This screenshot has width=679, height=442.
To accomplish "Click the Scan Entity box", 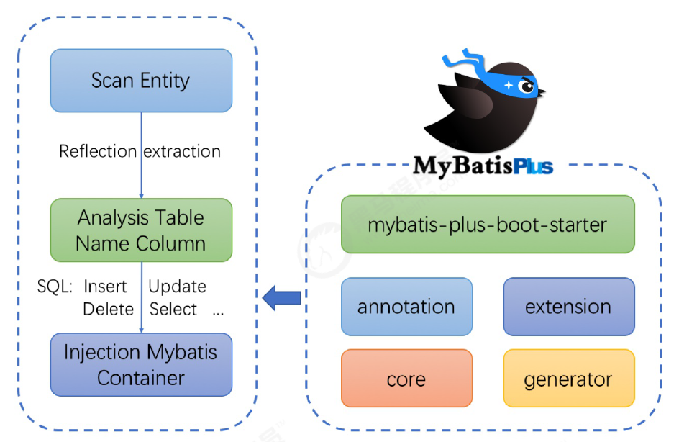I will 140,80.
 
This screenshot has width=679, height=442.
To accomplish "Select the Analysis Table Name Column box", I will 141,230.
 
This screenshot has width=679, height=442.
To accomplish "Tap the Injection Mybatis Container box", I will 141,364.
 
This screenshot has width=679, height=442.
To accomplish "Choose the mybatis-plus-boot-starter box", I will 488,224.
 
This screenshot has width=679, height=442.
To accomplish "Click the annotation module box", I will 406,307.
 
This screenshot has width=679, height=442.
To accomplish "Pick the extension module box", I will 568,307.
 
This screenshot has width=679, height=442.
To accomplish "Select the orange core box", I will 406,379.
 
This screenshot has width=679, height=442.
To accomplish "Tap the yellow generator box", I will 568,379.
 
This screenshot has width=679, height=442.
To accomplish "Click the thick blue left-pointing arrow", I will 281,297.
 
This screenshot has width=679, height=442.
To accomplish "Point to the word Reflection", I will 98,151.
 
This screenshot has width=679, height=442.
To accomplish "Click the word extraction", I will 182,151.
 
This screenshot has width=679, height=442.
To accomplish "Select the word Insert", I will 105,287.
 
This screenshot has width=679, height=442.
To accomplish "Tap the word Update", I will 177,287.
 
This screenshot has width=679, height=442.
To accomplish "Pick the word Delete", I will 108,310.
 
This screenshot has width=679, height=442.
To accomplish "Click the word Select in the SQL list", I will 173,310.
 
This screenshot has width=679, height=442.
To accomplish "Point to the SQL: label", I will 55,287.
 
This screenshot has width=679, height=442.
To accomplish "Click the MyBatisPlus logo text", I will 483,166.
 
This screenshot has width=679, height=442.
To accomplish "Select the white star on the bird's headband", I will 509,84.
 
